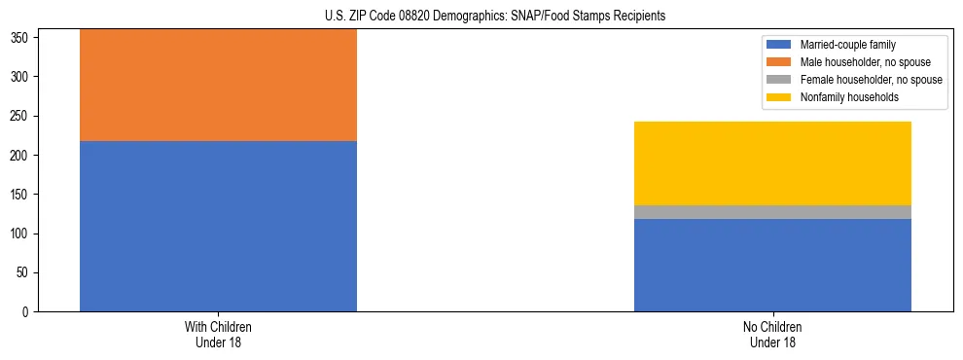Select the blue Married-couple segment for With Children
coord(218,226)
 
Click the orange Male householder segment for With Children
coord(218,86)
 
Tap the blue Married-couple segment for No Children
coord(772,265)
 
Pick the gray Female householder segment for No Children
coord(772,212)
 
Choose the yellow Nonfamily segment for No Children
coord(772,163)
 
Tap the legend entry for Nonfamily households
coord(849,97)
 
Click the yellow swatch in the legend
coord(779,97)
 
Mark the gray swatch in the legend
coord(779,80)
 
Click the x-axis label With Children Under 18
coord(218,334)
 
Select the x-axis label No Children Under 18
coord(772,334)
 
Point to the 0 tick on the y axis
coord(26,312)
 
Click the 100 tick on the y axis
coord(20,234)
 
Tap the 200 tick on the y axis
coord(20,156)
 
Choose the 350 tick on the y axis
coord(20,38)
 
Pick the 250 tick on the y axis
coord(20,116)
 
